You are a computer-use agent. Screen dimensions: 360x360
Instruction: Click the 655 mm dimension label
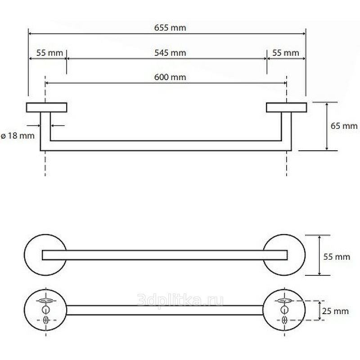(170, 28)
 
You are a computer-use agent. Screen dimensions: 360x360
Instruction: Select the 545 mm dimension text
(170, 53)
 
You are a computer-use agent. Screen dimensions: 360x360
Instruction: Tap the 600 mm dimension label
(170, 77)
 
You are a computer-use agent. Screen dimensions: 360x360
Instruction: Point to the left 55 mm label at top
(49, 53)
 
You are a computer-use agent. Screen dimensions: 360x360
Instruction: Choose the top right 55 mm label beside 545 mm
(286, 53)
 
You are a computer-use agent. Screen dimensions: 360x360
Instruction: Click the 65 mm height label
(344, 126)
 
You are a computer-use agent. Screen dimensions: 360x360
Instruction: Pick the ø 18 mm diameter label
(18, 136)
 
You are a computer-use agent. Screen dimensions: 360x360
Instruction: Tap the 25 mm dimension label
(335, 311)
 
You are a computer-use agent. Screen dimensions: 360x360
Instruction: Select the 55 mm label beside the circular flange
(337, 256)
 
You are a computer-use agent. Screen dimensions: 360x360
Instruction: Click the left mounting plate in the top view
(47, 108)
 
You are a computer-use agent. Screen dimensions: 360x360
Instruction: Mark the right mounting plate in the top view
(286, 108)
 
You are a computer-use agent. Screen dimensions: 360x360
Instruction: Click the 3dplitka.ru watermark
(180, 300)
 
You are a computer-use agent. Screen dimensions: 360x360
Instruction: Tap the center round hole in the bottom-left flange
(46, 310)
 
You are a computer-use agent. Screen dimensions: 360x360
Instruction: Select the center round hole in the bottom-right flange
(284, 310)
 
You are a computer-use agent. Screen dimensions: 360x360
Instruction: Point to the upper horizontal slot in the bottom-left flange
(46, 301)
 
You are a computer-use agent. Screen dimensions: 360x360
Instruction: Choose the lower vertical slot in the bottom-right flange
(284, 320)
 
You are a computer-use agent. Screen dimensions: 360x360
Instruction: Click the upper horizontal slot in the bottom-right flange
(285, 301)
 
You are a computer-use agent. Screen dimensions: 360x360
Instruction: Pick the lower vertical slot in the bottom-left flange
(46, 320)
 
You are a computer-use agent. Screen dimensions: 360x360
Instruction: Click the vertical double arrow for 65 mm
(327, 126)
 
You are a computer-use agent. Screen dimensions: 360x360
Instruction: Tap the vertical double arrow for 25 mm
(319, 310)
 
